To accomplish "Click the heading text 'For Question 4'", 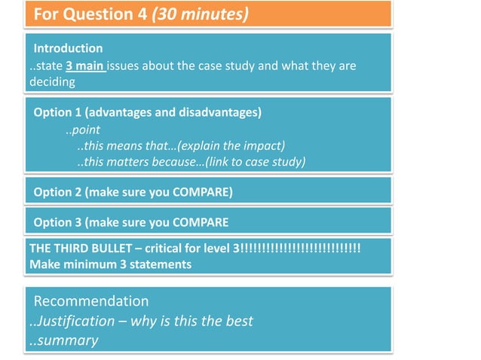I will (91, 14).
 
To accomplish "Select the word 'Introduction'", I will (68, 48).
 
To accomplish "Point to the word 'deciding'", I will (52, 81).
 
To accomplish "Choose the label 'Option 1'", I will (57, 113).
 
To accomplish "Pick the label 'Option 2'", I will (57, 192).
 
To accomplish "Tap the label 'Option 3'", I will (57, 222).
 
